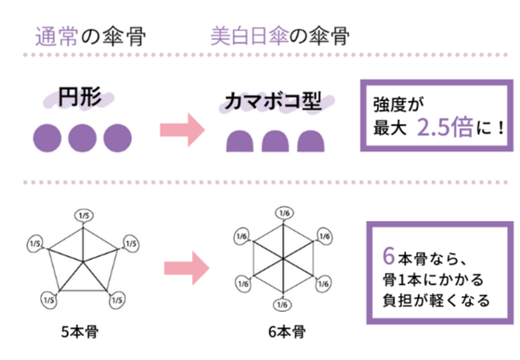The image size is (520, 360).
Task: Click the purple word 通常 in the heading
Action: click(x=57, y=36)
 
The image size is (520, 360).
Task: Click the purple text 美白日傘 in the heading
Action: click(x=249, y=36)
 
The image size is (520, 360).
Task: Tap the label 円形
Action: click(x=80, y=97)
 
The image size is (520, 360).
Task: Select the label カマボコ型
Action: click(x=273, y=101)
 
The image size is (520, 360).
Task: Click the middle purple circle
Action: click(x=82, y=138)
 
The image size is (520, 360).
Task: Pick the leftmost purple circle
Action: click(x=47, y=138)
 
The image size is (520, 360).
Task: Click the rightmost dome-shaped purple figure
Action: click(x=311, y=141)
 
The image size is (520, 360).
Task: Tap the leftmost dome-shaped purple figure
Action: click(x=240, y=141)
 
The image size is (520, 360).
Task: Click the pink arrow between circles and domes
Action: click(x=183, y=130)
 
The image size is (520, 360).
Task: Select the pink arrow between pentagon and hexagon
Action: click(x=187, y=268)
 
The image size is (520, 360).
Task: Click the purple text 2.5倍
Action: click(x=444, y=127)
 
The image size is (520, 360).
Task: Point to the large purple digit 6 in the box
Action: click(x=388, y=256)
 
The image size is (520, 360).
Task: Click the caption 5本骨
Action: click(x=80, y=331)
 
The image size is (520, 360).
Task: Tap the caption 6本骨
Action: click(x=287, y=331)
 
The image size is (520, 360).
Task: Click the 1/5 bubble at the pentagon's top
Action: click(x=84, y=216)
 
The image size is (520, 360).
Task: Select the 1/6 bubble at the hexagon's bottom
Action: click(x=282, y=305)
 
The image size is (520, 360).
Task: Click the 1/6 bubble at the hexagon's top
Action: click(x=285, y=213)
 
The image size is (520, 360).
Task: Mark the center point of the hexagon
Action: click(x=283, y=258)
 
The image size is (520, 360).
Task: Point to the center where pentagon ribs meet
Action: click(x=83, y=262)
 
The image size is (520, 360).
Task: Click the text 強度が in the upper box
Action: click(x=399, y=104)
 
